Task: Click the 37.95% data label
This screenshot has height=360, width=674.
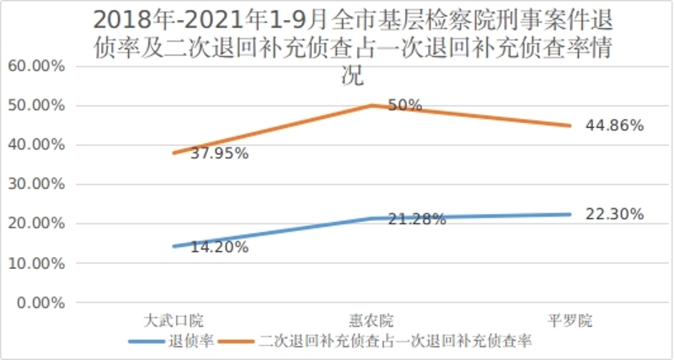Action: click(x=195, y=153)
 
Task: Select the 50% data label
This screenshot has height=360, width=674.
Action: click(x=404, y=105)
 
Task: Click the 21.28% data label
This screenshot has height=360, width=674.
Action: click(x=416, y=219)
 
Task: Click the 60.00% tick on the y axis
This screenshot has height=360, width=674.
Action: click(x=35, y=66)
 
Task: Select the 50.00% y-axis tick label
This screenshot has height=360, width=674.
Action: click(x=35, y=105)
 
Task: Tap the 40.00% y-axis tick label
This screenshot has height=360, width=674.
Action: click(x=35, y=145)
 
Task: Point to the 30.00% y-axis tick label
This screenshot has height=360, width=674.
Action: click(x=35, y=185)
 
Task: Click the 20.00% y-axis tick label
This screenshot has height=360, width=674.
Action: click(x=35, y=224)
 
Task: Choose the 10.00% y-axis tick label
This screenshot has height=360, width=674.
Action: click(x=35, y=264)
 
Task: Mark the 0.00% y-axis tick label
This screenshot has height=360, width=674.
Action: click(x=38, y=303)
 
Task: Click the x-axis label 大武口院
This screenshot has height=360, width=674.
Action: click(x=173, y=320)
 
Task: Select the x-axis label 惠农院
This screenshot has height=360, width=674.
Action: click(x=372, y=320)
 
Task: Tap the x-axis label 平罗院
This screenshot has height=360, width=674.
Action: click(x=570, y=320)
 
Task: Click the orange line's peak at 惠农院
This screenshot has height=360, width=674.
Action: click(x=372, y=105)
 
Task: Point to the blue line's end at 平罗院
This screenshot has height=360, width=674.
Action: click(x=570, y=214)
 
